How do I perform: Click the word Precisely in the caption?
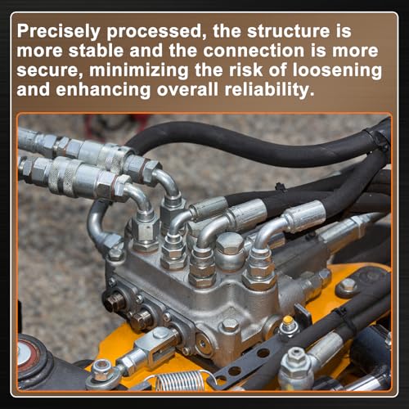(x=58, y=32)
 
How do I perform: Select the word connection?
(x=254, y=51)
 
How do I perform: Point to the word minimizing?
(x=138, y=71)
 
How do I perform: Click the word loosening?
(x=337, y=70)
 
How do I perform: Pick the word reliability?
(x=270, y=90)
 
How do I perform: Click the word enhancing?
(x=103, y=91)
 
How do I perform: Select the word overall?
(x=188, y=90)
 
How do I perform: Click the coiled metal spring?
(x=179, y=380)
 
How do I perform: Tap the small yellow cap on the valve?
(x=287, y=320)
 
